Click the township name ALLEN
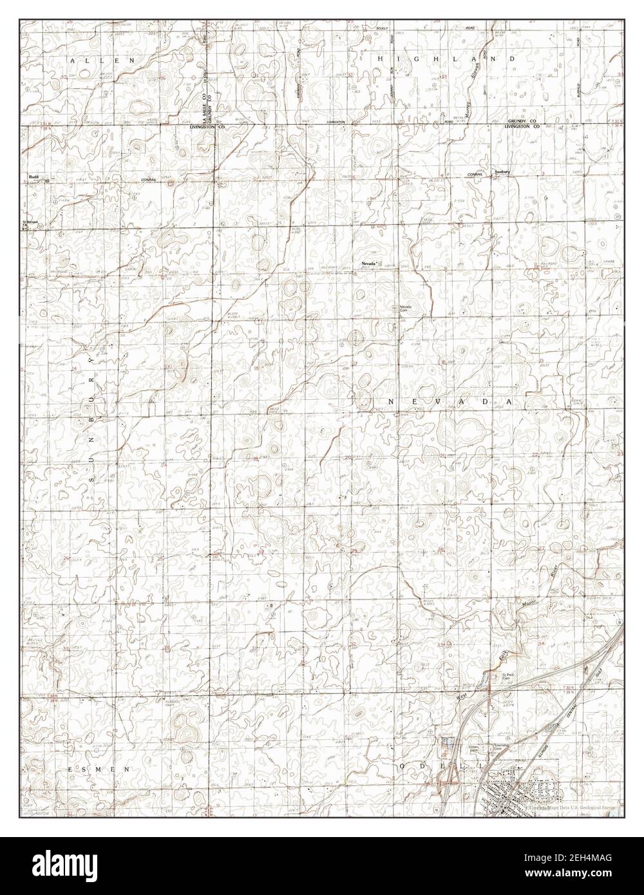(102, 59)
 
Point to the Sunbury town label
(502, 172)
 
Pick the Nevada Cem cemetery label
(405, 308)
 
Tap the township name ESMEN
(99, 769)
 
